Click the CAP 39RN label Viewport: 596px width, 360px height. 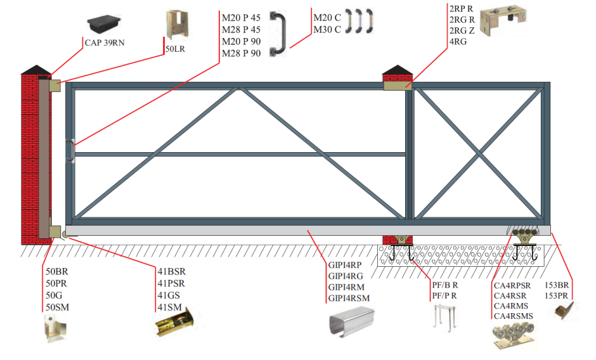pos(105,44)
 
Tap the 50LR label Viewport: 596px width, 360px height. pos(176,48)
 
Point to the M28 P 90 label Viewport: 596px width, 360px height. pos(241,53)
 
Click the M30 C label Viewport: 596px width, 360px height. pos(327,29)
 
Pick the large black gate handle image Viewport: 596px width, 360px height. pos(278,34)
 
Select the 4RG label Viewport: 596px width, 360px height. pos(458,42)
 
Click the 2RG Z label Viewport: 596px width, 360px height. pos(461,31)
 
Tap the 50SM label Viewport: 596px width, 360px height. pos(57,307)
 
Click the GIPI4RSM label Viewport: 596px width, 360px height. pos(348,298)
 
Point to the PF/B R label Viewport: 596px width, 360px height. pos(444,285)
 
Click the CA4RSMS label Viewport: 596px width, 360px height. pos(513,316)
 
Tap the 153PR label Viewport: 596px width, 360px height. pos(557,295)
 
